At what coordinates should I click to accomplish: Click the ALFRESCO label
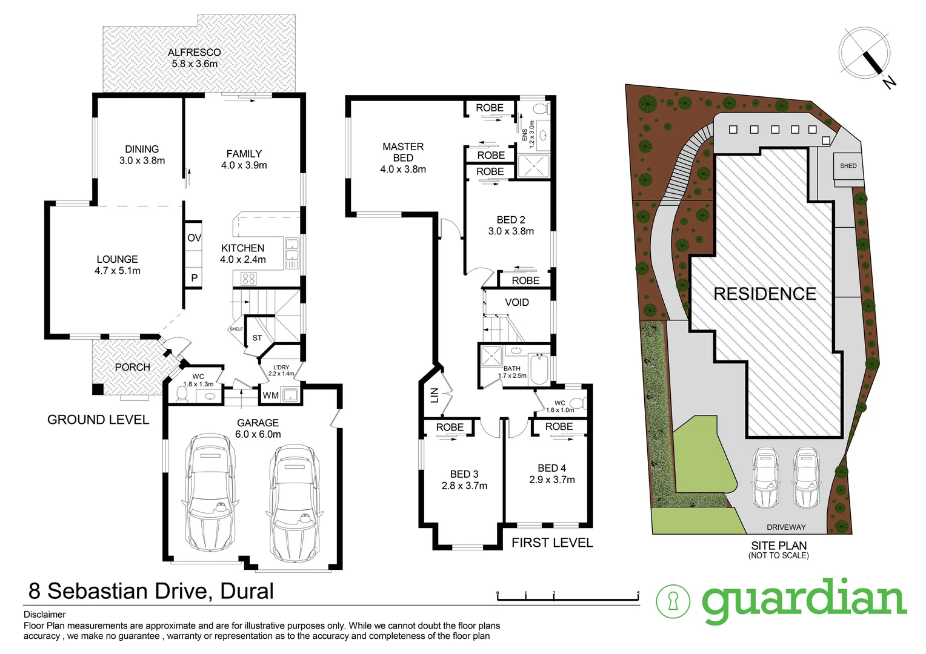[194, 53]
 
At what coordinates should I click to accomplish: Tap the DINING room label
[142, 149]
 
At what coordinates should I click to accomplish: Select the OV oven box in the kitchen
[194, 238]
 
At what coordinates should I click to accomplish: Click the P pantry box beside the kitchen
[194, 278]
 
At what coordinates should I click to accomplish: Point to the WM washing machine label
[270, 395]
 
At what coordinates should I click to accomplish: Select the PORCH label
[132, 367]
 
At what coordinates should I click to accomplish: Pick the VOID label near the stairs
[516, 302]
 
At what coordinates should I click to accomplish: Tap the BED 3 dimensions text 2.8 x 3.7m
[464, 486]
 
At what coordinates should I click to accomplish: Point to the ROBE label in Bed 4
[559, 427]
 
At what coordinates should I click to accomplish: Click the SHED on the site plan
[848, 165]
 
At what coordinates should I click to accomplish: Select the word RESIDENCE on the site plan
[764, 294]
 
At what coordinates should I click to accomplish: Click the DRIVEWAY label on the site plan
[786, 527]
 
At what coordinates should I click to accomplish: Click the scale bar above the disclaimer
[568, 598]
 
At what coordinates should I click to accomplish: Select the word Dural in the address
[247, 591]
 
